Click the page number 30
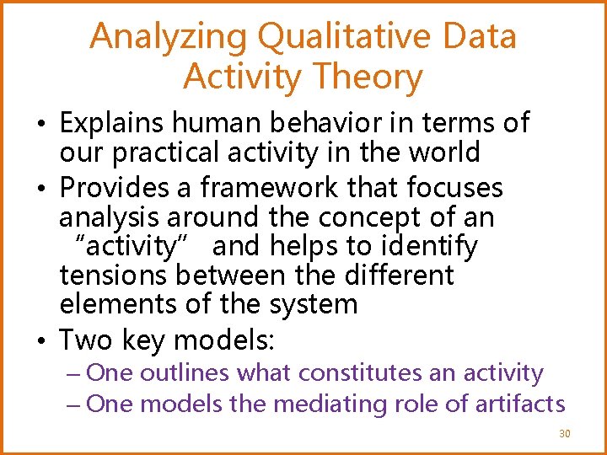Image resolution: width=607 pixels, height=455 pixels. click(x=564, y=434)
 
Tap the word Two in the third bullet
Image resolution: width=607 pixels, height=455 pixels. click(x=86, y=340)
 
